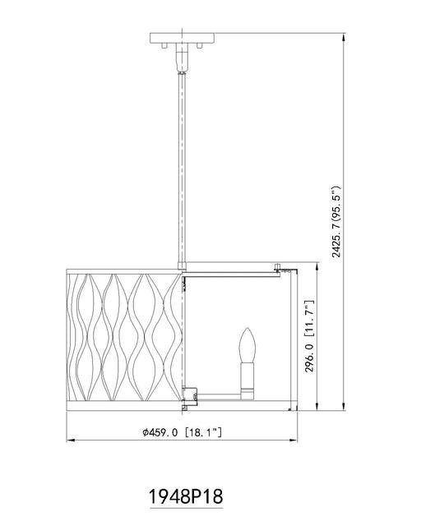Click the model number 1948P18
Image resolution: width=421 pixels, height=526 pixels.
pyautogui.click(x=186, y=496)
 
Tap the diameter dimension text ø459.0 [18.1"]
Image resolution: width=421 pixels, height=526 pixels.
pyautogui.click(x=182, y=432)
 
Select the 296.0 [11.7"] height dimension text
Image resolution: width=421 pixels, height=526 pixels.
pyautogui.click(x=309, y=336)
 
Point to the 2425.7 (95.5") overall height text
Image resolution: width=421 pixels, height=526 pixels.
pyautogui.click(x=337, y=221)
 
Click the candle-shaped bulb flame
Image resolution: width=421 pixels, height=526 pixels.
pyautogui.click(x=248, y=344)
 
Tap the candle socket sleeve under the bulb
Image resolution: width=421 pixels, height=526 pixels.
pyautogui.click(x=248, y=381)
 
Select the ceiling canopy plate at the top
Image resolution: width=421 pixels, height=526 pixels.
pyautogui.click(x=182, y=38)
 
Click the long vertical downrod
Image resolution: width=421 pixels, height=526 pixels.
pyautogui.click(x=182, y=168)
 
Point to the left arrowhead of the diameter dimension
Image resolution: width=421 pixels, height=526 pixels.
pyautogui.click(x=71, y=440)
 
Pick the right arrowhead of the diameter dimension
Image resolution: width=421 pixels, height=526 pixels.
pyautogui.click(x=294, y=440)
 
